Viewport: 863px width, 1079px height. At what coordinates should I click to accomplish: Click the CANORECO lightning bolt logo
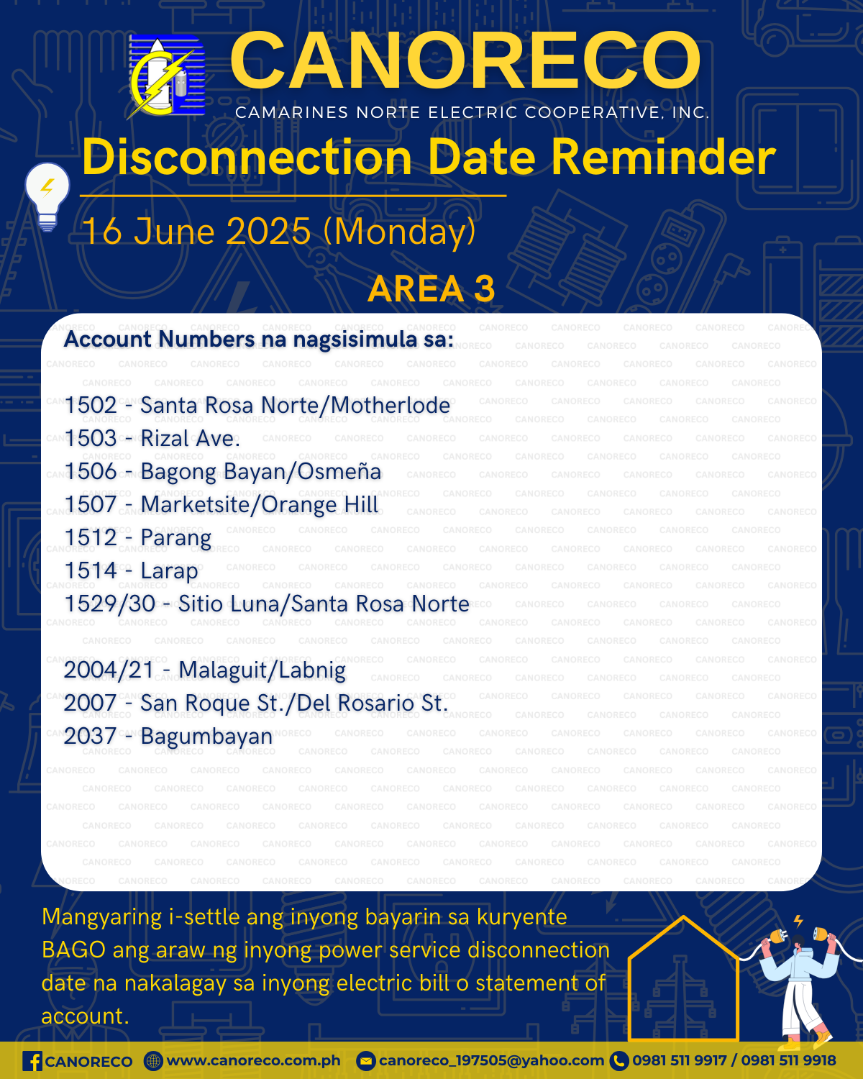point(166,76)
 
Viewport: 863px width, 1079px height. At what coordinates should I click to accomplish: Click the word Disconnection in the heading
point(247,158)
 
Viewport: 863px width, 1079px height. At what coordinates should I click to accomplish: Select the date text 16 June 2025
point(196,232)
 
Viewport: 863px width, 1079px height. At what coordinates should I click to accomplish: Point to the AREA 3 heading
point(431,288)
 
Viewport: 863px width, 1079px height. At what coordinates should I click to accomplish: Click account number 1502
point(91,405)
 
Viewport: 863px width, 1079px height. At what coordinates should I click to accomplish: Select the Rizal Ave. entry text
point(190,438)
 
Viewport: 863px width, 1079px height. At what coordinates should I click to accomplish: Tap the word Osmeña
point(339,471)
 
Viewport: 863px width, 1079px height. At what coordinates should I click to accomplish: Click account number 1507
point(91,504)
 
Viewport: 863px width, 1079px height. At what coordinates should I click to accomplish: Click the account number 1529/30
point(110,604)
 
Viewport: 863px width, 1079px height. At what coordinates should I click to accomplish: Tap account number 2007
point(91,703)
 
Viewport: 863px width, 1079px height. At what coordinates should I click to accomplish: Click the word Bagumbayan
point(206,737)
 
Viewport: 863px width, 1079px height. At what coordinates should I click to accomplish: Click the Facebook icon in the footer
point(32,1062)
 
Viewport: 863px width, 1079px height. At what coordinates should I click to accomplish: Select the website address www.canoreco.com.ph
point(253,1062)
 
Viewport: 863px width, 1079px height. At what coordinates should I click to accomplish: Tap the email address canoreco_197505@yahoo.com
point(491,1061)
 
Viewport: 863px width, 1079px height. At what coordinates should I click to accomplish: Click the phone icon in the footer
point(619,1061)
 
